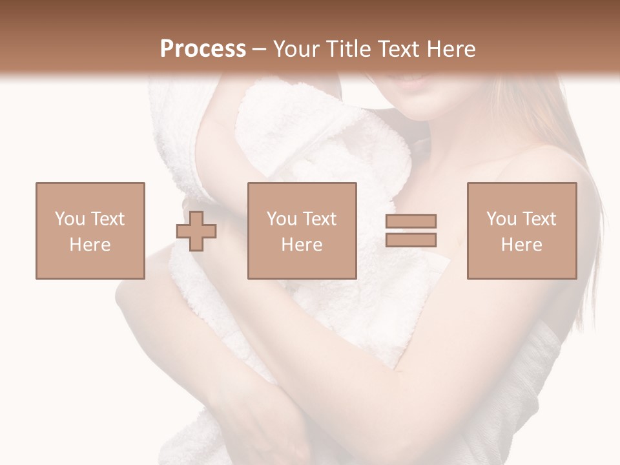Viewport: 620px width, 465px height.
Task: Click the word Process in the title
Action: click(x=203, y=49)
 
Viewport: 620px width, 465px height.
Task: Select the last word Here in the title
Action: click(x=451, y=49)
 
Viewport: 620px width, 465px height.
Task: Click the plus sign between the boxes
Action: click(x=196, y=231)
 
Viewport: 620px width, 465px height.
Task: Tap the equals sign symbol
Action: click(x=411, y=231)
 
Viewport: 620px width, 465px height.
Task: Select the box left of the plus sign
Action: click(x=90, y=231)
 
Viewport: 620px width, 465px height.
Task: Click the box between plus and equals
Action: click(x=302, y=231)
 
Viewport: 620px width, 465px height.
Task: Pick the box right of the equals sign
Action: click(x=521, y=231)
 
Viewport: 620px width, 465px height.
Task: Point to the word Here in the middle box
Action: click(x=302, y=245)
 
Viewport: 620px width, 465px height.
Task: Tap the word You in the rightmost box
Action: click(x=502, y=219)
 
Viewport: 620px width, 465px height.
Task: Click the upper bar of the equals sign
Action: click(x=411, y=221)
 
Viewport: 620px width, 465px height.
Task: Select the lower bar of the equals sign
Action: click(x=411, y=240)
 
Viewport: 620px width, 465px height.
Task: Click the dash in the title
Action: click(x=260, y=49)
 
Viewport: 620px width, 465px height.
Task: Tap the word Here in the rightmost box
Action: click(x=521, y=245)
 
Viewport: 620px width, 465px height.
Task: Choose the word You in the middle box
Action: click(x=282, y=219)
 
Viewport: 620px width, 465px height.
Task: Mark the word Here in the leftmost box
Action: click(x=90, y=245)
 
